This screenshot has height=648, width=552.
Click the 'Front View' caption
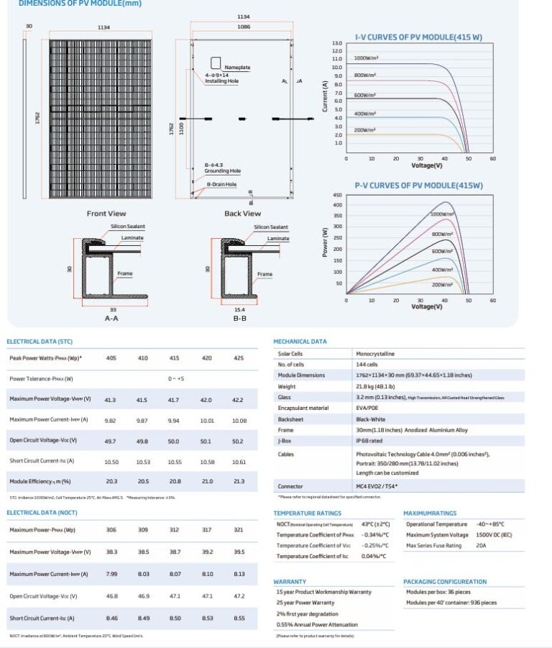[x=106, y=214]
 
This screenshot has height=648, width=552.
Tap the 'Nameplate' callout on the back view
[x=237, y=67]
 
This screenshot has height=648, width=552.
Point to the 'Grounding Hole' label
[x=222, y=171]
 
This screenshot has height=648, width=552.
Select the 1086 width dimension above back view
[x=244, y=27]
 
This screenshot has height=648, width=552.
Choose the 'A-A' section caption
[x=111, y=317]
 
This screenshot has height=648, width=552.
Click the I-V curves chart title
[x=418, y=36]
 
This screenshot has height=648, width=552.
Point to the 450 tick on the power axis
[x=337, y=195]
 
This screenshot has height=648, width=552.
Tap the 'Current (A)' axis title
[x=325, y=96]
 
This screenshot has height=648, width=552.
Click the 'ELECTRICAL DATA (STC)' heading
[x=40, y=341]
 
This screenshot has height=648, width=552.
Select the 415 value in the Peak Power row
[x=175, y=357]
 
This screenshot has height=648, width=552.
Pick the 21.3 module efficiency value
[x=239, y=481]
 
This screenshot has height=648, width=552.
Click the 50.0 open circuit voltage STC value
[x=174, y=440]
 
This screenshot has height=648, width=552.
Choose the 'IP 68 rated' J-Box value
[x=369, y=441]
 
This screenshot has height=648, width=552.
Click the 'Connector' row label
[x=290, y=487]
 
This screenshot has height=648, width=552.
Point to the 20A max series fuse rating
[x=482, y=546]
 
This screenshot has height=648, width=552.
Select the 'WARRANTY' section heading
[x=290, y=581]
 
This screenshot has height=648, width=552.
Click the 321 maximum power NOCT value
[x=239, y=530]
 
